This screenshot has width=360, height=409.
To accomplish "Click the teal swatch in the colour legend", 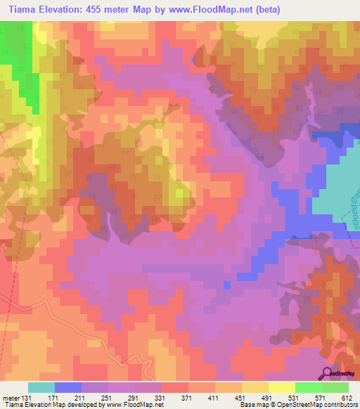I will point(41,387).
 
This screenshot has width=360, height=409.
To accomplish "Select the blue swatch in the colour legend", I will point(68,387).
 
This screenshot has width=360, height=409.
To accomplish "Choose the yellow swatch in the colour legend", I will point(281,387).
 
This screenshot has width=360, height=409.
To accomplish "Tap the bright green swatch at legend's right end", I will point(335,387).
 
